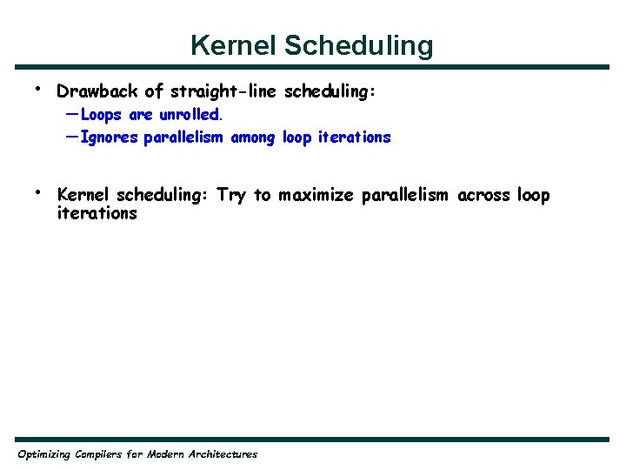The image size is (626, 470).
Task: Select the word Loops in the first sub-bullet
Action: pyautogui.click(x=101, y=115)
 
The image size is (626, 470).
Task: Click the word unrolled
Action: pyautogui.click(x=190, y=115)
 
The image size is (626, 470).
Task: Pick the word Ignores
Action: pyautogui.click(x=109, y=138)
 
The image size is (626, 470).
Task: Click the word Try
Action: pyautogui.click(x=231, y=195)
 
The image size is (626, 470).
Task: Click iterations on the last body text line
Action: pyautogui.click(x=97, y=213)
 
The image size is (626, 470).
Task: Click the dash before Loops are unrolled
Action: pyautogui.click(x=70, y=114)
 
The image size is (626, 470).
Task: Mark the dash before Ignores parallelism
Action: pyautogui.click(x=70, y=137)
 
